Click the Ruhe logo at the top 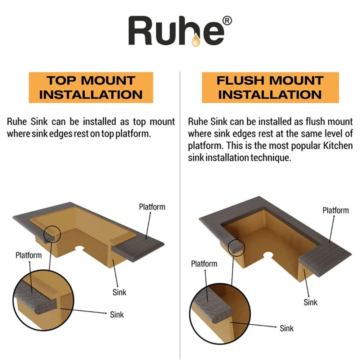180,31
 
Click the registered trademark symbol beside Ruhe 227,21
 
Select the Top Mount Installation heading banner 91,87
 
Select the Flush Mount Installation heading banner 270,87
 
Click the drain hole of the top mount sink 80,248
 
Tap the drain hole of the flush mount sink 268,255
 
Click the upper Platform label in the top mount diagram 152,207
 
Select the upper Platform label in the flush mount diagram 336,210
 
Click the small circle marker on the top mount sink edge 52,234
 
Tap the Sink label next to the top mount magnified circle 117,315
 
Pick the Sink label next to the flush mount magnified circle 287,328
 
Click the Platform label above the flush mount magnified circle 204,264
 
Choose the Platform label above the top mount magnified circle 29,255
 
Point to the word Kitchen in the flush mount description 338,145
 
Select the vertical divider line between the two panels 180,216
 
